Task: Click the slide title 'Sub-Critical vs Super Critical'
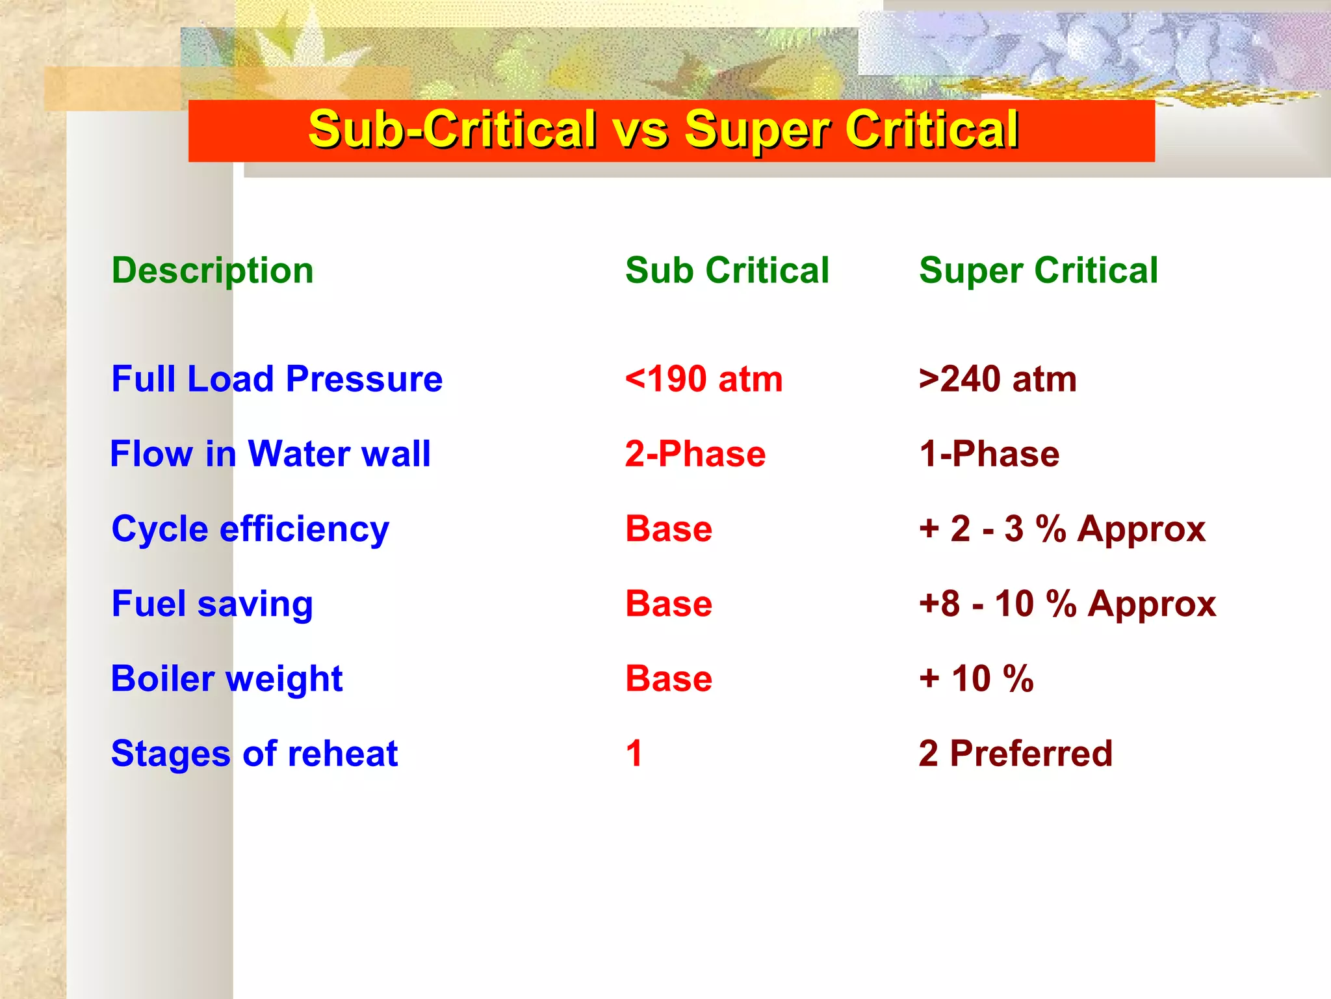(x=663, y=130)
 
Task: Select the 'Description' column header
(x=213, y=271)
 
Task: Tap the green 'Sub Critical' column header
(x=727, y=271)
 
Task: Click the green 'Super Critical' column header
(x=1038, y=271)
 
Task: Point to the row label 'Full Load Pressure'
(x=277, y=379)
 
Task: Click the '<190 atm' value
(x=703, y=379)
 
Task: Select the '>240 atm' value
(x=998, y=379)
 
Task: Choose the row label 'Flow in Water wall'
(x=270, y=454)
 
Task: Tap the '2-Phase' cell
(x=695, y=454)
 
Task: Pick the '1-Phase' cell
(x=989, y=454)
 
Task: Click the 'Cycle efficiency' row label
(x=250, y=529)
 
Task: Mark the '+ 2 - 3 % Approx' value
(x=1062, y=529)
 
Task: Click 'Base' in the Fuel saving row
(x=669, y=604)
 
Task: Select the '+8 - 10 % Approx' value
(x=1067, y=604)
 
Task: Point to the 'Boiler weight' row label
(x=227, y=679)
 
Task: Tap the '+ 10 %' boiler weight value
(x=976, y=679)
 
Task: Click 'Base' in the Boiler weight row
(x=669, y=679)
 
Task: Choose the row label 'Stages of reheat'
(x=254, y=754)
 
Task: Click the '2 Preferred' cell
(x=1015, y=754)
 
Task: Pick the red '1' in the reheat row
(x=634, y=754)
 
